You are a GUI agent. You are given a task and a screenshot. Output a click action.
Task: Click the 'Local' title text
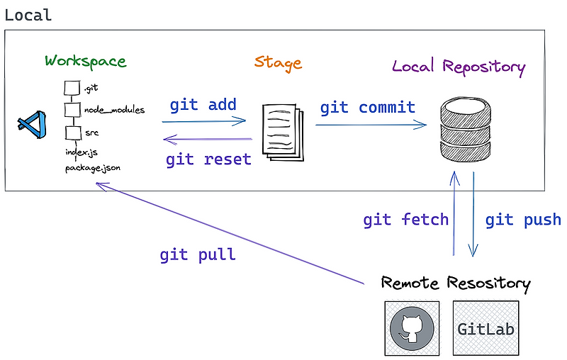point(28,15)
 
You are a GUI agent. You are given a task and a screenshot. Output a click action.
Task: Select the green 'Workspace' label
point(85,61)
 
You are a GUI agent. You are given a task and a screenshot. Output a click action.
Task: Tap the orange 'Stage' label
point(278,62)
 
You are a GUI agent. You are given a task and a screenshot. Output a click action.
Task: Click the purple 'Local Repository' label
point(459,67)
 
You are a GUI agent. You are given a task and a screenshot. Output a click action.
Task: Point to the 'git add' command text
point(203,106)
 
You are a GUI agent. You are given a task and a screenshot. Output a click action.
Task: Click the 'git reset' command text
point(208,159)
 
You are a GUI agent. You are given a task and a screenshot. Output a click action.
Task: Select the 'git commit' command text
point(367,108)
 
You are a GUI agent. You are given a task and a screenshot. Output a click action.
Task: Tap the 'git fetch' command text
point(405,220)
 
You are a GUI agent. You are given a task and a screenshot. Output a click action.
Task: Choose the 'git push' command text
point(523,220)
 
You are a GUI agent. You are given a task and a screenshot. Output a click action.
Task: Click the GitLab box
point(485,329)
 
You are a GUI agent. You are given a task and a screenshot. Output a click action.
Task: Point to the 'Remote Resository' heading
point(455,283)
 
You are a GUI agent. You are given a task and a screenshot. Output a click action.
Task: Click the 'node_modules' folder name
point(114,110)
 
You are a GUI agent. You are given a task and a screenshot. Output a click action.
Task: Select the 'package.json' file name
point(93,169)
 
